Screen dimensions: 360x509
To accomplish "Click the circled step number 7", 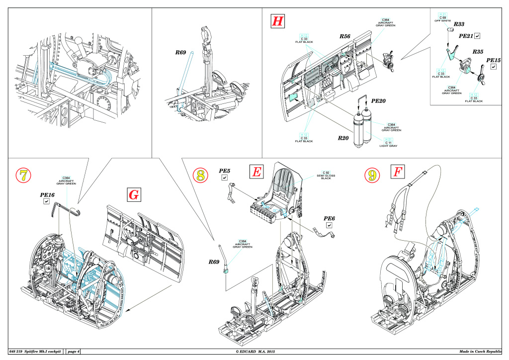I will coord(24,175).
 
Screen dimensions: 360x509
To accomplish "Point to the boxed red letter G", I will coord(134,195).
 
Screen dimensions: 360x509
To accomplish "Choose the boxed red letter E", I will coord(256,172).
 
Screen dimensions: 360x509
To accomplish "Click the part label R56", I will coord(345,37).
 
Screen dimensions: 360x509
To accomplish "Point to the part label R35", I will coord(478,52).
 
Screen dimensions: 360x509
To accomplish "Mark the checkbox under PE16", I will coord(46,202).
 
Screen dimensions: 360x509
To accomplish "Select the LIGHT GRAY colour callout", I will coord(388,145).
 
